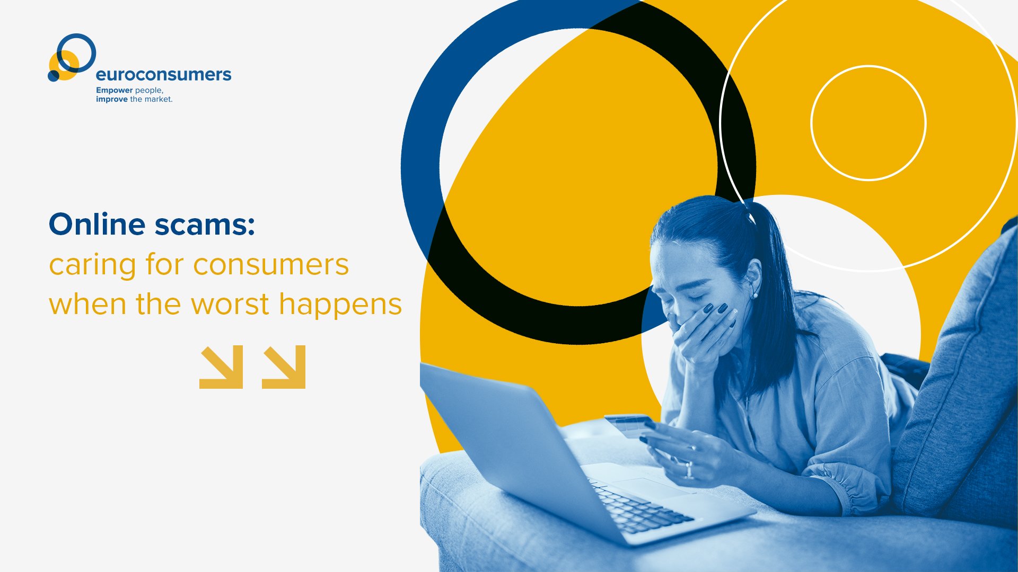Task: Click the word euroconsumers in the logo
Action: pyautogui.click(x=163, y=75)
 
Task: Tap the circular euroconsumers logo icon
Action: pyautogui.click(x=72, y=57)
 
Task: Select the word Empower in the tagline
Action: pyautogui.click(x=115, y=91)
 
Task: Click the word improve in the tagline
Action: pyautogui.click(x=112, y=99)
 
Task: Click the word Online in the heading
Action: pyautogui.click(x=97, y=224)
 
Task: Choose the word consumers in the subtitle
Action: pyautogui.click(x=271, y=265)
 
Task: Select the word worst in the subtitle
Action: pyautogui.click(x=230, y=305)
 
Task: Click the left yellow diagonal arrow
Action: pyautogui.click(x=221, y=367)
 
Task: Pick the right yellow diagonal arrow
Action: pyautogui.click(x=284, y=367)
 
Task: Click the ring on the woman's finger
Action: pyautogui.click(x=689, y=470)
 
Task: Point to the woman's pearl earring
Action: pyautogui.click(x=754, y=296)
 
